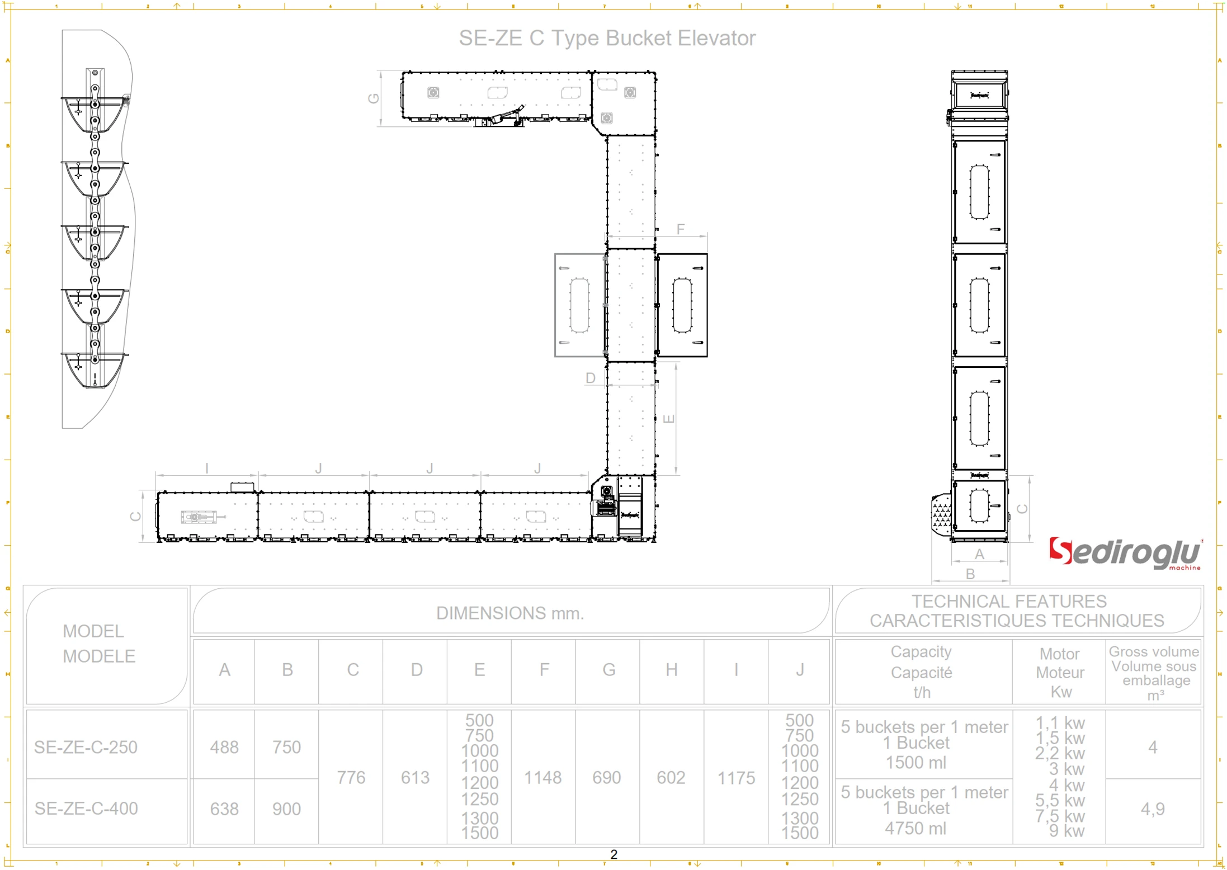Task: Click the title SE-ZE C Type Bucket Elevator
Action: (607, 38)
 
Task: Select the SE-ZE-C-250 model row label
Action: (86, 747)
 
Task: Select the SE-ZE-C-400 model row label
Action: (86, 808)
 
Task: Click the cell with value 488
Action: (224, 747)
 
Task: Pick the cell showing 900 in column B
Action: (286, 809)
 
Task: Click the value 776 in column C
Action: (351, 778)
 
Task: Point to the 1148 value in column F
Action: (542, 778)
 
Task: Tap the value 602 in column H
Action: (671, 778)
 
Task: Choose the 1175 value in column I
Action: (736, 778)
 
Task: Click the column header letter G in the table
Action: (608, 670)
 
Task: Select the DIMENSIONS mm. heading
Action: (510, 613)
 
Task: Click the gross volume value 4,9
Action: (1153, 809)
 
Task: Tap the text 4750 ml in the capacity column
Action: (915, 828)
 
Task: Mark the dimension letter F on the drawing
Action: (680, 229)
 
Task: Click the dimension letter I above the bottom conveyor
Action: (207, 469)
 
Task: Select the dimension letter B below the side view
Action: (970, 574)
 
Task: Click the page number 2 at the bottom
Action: (613, 854)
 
